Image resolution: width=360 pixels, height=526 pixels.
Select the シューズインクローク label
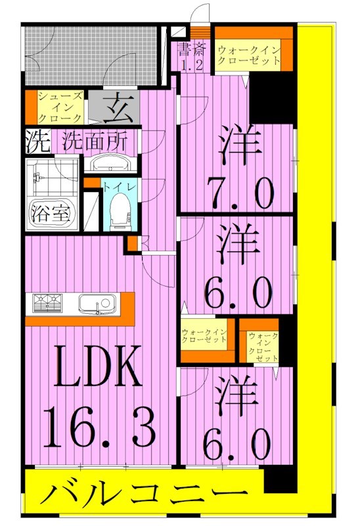[x=60, y=107]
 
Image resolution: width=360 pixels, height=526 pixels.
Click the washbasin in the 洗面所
[x=109, y=164]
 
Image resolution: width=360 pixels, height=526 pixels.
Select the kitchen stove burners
[x=46, y=304]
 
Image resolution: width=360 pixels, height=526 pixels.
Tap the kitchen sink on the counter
[x=97, y=304]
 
